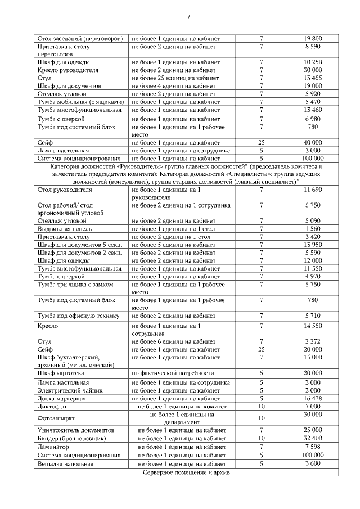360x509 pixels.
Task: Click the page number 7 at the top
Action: click(188, 16)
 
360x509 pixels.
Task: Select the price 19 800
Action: click(312, 38)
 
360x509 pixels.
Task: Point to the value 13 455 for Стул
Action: click(312, 78)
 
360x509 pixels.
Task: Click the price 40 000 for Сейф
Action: click(312, 143)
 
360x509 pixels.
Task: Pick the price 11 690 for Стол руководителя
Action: click(312, 190)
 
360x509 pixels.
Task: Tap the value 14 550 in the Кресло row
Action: click(312, 326)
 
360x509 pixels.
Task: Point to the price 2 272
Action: click(312, 341)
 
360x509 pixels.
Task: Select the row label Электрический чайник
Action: click(73, 390)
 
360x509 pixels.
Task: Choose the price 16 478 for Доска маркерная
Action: click(312, 398)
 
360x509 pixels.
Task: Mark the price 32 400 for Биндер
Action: click(312, 438)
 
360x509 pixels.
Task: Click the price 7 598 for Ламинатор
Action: click(312, 447)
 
